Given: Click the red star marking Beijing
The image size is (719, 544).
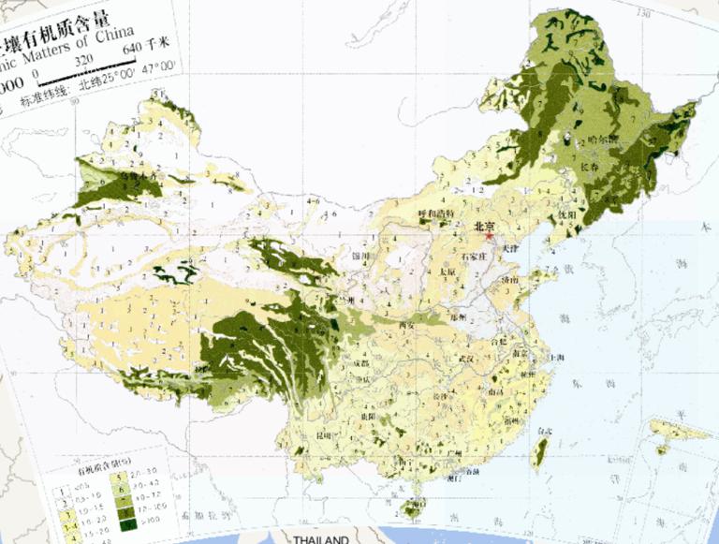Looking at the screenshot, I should point(489,237).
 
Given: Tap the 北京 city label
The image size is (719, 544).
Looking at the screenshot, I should point(484,226).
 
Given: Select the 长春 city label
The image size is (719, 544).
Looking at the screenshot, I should point(590,166).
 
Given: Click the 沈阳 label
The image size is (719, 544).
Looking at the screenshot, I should point(567,214).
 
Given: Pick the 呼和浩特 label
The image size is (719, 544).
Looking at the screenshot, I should point(435,213).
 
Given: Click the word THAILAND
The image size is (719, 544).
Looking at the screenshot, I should point(321,539).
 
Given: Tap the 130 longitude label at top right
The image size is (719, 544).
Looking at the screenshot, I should point(643,13).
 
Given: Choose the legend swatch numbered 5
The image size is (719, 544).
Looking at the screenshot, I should point(120,477).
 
